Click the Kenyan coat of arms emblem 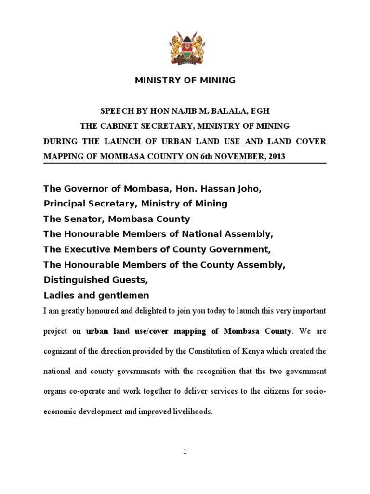point(185,47)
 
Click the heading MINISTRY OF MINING point(185,81)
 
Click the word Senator point(81,219)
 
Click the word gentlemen point(126,295)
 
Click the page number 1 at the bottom point(185,452)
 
